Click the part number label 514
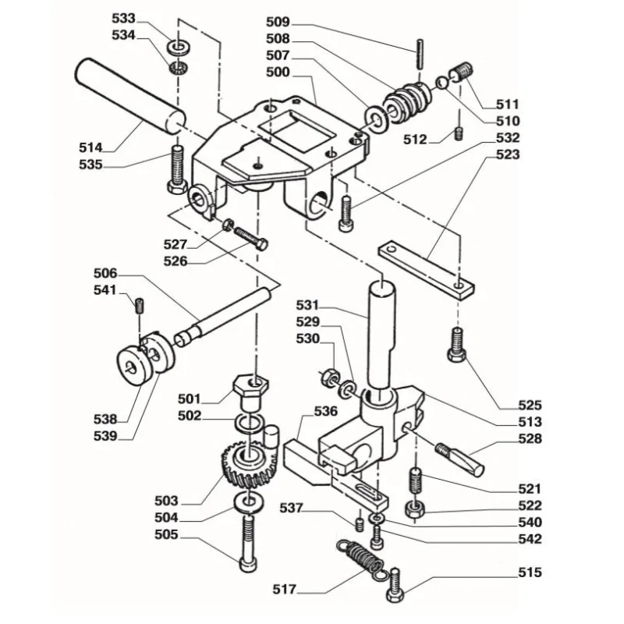[91, 147]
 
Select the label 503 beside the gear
[166, 501]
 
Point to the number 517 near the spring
[285, 589]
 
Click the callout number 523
[508, 154]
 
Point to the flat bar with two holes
[425, 269]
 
